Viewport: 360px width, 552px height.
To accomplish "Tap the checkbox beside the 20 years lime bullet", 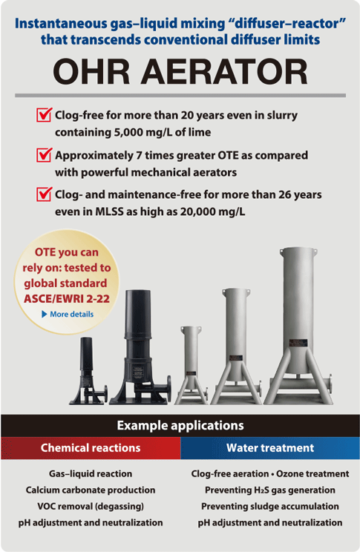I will point(44,116).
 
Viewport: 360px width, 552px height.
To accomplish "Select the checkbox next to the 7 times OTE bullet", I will point(44,156).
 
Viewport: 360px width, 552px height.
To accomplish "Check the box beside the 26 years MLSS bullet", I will point(44,196).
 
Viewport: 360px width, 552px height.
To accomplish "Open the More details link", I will point(71,315).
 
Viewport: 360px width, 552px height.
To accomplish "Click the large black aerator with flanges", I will point(139,349).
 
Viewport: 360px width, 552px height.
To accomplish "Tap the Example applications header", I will point(180,426).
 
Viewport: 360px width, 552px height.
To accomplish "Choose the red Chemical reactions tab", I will point(91,448).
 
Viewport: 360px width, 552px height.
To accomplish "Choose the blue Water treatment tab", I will point(270,448).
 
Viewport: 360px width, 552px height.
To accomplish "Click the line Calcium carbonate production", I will point(91,490).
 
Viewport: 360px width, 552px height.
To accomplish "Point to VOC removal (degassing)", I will point(91,506).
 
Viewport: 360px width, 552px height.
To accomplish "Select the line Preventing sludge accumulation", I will point(270,506).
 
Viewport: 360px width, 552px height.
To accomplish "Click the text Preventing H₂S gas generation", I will point(270,490).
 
